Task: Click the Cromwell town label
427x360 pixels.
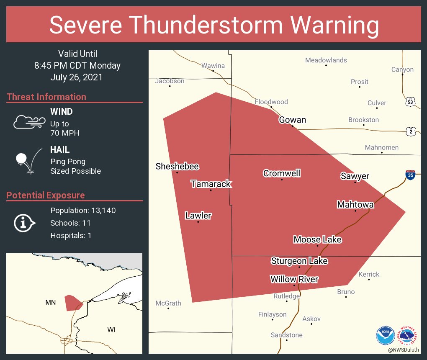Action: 282,173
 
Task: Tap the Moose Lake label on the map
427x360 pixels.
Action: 317,239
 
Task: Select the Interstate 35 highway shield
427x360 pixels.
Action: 410,175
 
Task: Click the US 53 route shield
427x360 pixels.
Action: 410,102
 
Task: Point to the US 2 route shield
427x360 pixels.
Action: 410,131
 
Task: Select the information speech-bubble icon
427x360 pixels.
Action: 24,223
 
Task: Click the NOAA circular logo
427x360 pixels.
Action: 385,335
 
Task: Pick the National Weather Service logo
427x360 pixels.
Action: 408,335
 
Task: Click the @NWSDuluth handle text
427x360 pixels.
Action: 403,350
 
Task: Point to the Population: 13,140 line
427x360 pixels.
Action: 83,210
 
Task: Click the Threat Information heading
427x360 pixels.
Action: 46,97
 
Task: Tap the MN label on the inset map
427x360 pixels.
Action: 50,302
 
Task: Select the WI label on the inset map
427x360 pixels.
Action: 111,330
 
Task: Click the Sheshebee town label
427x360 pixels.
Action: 177,166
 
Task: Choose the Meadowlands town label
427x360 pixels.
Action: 326,60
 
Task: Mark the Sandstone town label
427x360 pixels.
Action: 286,335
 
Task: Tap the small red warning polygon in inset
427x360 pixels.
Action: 72,302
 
